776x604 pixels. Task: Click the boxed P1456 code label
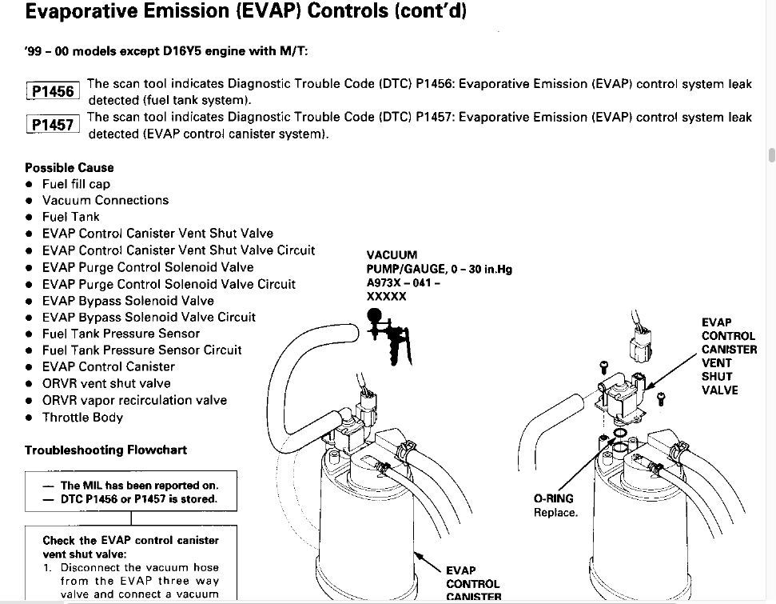click(53, 91)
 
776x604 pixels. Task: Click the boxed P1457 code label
click(53, 124)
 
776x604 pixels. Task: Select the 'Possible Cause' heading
click(70, 167)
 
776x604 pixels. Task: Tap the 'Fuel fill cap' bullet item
click(76, 184)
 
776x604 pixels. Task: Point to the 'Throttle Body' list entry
click(82, 418)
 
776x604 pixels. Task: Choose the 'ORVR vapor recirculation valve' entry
click(134, 400)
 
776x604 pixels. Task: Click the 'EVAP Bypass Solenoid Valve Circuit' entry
click(149, 317)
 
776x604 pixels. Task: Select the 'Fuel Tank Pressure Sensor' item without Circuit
click(121, 334)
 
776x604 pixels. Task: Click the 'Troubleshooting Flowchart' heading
click(106, 450)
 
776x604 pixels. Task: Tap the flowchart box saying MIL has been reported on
click(131, 491)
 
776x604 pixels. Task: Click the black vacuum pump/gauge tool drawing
click(389, 337)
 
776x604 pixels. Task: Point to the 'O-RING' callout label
click(553, 498)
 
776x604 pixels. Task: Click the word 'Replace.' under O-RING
click(555, 512)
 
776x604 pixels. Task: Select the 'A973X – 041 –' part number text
click(404, 283)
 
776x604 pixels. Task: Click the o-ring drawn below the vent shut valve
click(619, 434)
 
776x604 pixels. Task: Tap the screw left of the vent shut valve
click(603, 367)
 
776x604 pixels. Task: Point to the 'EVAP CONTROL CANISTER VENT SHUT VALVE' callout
click(729, 356)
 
